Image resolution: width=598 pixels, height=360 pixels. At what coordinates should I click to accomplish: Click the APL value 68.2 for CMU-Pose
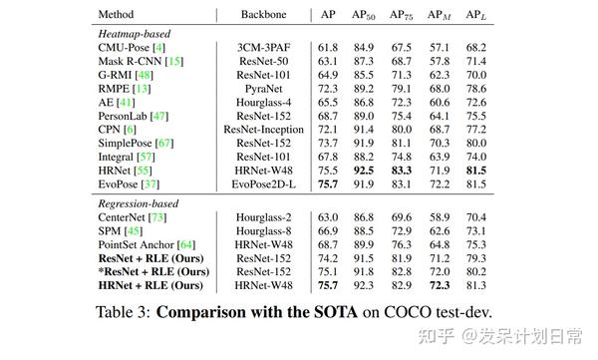click(x=476, y=47)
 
